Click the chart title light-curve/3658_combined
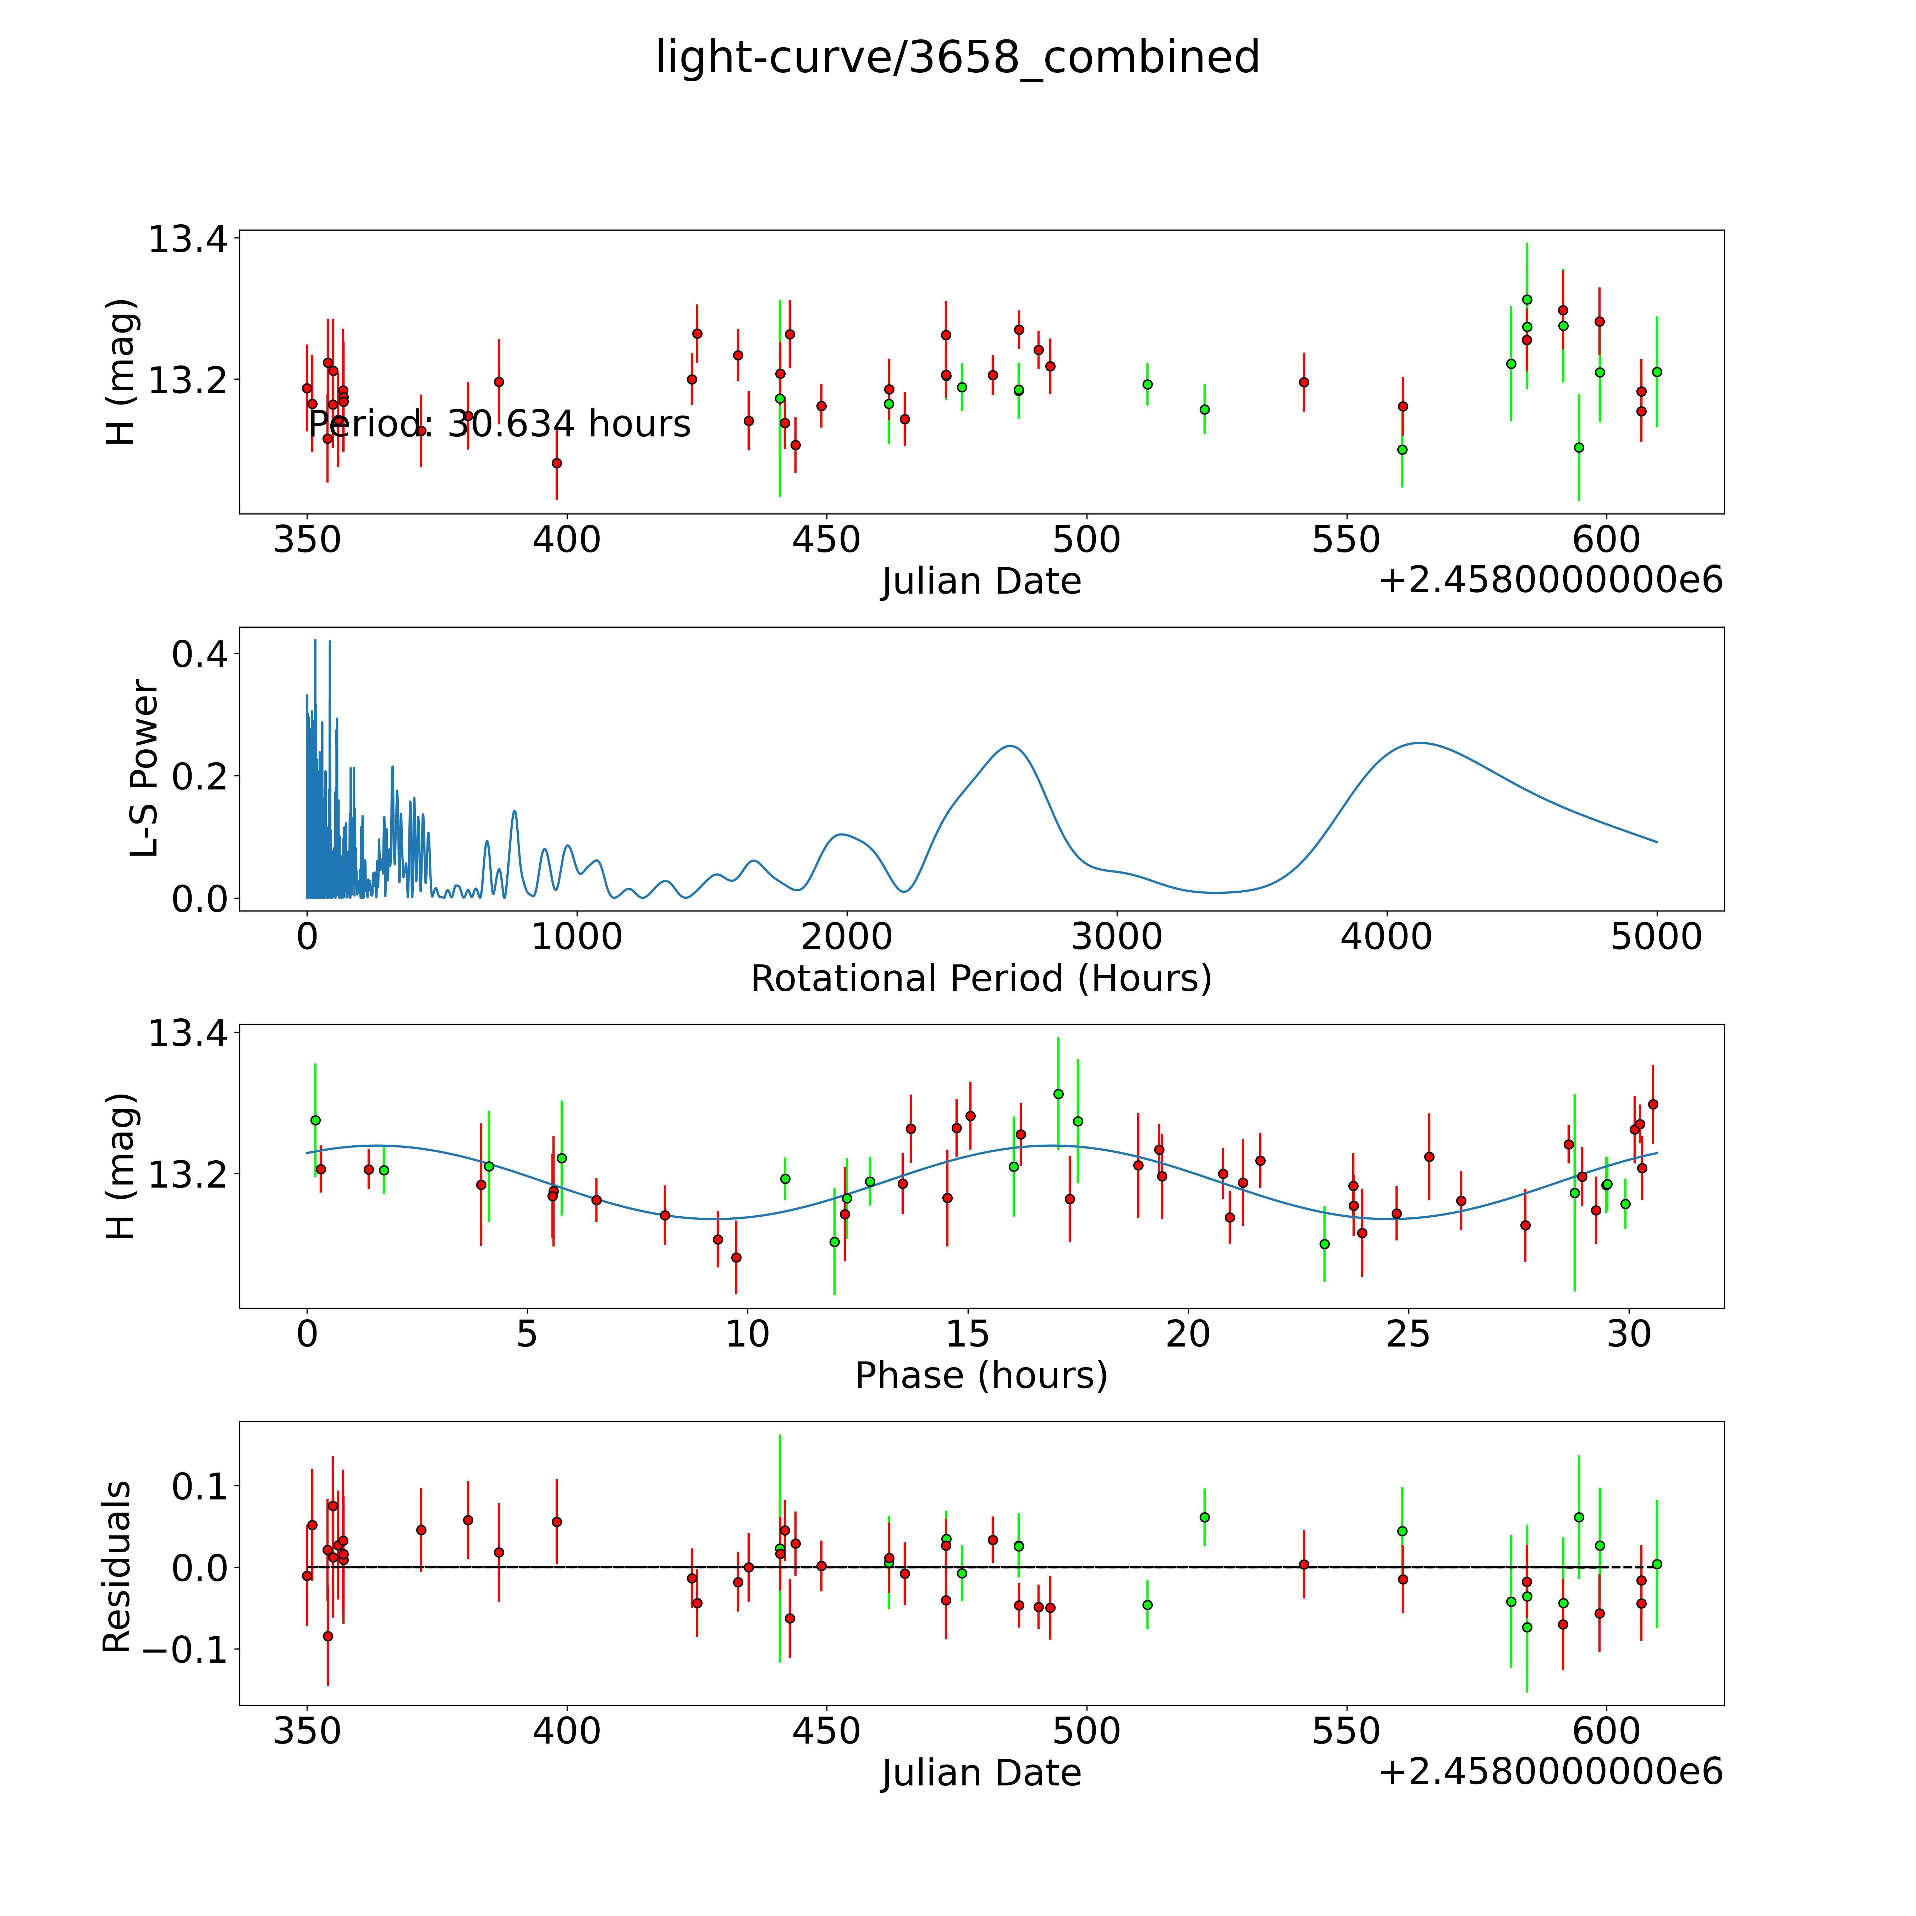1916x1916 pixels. coord(957,57)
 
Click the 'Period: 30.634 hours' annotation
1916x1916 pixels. coord(499,424)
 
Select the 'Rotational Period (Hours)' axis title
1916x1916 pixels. coord(981,979)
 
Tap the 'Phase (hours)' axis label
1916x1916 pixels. coord(981,1376)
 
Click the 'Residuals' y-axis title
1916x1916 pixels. coord(117,1567)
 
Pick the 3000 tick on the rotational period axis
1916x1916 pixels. coord(1117,937)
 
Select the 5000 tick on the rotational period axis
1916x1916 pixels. coord(1656,937)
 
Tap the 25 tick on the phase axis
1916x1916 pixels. coord(1408,1334)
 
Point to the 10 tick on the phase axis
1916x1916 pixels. coord(747,1334)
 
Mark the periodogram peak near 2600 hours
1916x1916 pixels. coord(1009,746)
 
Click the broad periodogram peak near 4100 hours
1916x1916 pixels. coord(1420,743)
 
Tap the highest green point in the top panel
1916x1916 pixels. coord(1527,299)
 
